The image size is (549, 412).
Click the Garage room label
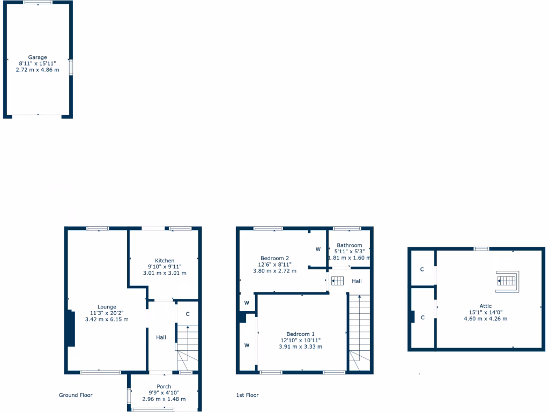point(38,57)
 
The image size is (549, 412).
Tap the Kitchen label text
point(165,261)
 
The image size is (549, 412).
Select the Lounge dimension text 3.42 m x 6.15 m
point(107,319)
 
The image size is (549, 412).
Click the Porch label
point(164,387)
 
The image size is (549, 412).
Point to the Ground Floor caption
point(76,395)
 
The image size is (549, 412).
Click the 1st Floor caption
point(248,395)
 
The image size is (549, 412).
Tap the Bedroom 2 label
point(274,257)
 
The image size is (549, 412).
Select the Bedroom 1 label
point(300,334)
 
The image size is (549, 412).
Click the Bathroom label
point(349,245)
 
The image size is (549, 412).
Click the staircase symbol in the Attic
point(507,281)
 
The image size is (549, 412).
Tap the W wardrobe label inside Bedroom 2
point(318,249)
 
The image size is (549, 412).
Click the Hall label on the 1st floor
point(357,281)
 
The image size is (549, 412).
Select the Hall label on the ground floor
point(161,337)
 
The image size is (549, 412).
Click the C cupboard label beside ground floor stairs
point(187,314)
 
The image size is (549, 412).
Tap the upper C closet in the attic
point(422,269)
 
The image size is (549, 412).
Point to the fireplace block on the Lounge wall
point(70,328)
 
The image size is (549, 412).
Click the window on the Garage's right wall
point(71,67)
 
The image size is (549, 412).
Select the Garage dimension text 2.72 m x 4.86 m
point(38,70)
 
